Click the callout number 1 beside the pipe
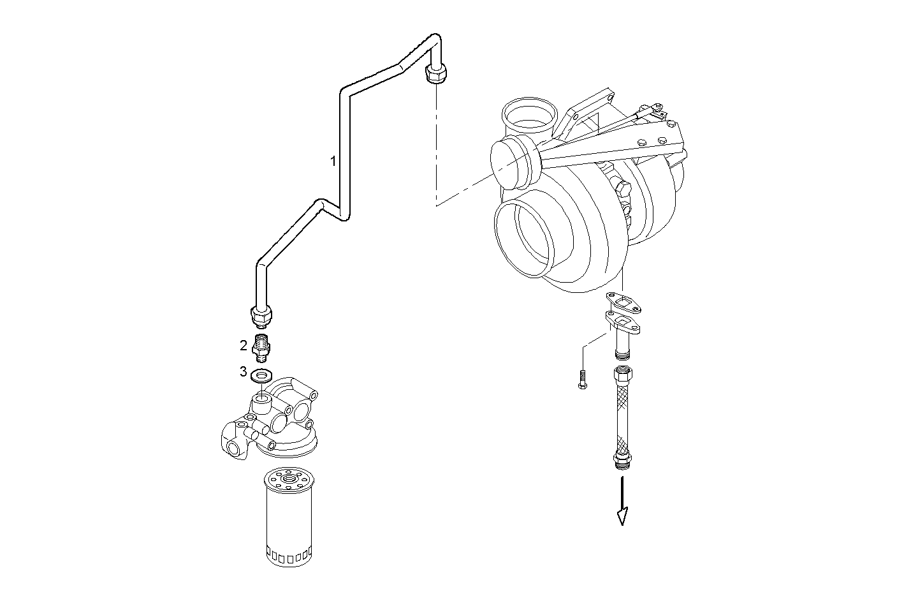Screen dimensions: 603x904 point(333,161)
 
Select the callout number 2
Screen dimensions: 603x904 point(244,346)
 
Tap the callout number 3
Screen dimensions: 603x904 point(244,371)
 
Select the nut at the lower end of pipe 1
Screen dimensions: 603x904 point(261,315)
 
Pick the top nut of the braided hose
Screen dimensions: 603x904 point(622,373)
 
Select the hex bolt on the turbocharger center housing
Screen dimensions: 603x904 point(622,189)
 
